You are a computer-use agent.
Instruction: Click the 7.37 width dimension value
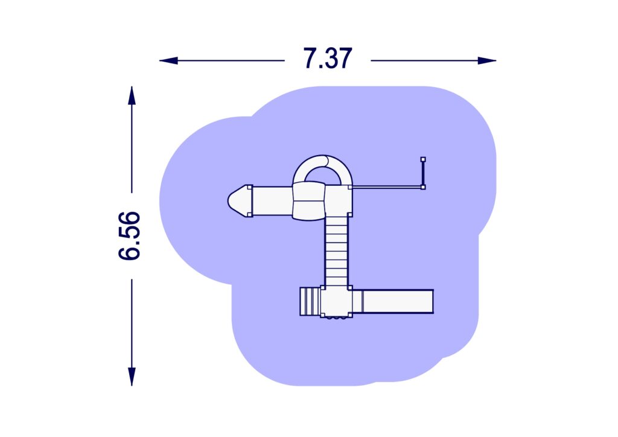coord(328,59)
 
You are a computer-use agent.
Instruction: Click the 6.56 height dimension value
coord(129,235)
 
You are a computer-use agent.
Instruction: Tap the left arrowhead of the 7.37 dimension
coord(168,61)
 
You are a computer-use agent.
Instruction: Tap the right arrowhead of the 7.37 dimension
coord(487,61)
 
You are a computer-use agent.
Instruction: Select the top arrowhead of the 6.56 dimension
coord(132,95)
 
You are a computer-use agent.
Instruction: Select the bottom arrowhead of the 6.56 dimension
coord(132,376)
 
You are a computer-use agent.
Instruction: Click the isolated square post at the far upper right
coord(423,159)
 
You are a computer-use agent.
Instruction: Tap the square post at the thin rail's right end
coord(423,187)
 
